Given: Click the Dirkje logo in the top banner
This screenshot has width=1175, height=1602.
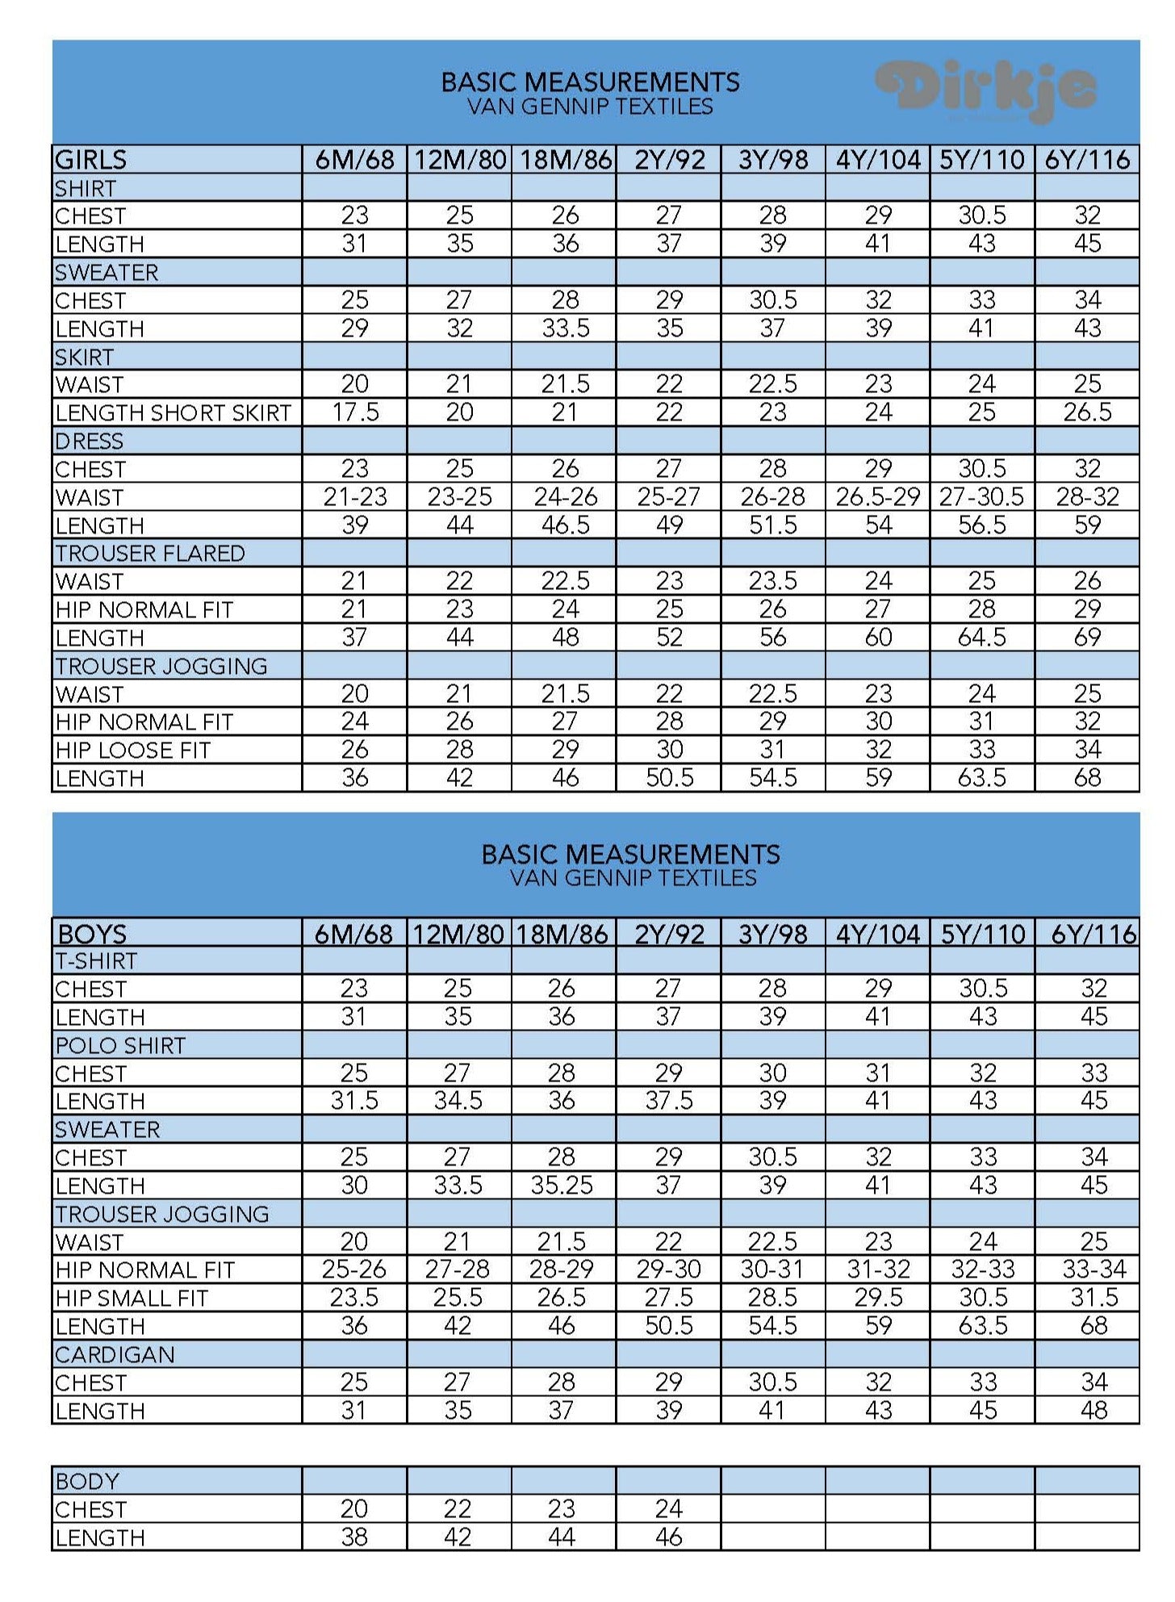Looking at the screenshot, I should [986, 90].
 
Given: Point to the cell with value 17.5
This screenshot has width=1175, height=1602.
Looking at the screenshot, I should [355, 412].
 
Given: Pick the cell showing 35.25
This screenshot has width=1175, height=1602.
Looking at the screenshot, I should [562, 1185].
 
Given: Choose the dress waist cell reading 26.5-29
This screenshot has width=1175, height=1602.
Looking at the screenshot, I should [878, 496].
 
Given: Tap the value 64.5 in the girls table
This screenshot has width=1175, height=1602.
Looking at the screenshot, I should [982, 637].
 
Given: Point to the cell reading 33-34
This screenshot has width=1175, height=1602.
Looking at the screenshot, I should [1093, 1269].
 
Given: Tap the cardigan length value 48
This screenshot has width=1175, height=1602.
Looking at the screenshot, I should [1093, 1410].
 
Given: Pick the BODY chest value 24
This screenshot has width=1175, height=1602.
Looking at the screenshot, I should [668, 1508].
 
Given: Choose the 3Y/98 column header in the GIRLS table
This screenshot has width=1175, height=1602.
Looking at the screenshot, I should [773, 159].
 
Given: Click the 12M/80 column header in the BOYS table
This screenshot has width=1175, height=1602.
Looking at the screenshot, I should [458, 934].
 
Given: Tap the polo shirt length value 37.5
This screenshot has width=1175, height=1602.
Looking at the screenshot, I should [668, 1101].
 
